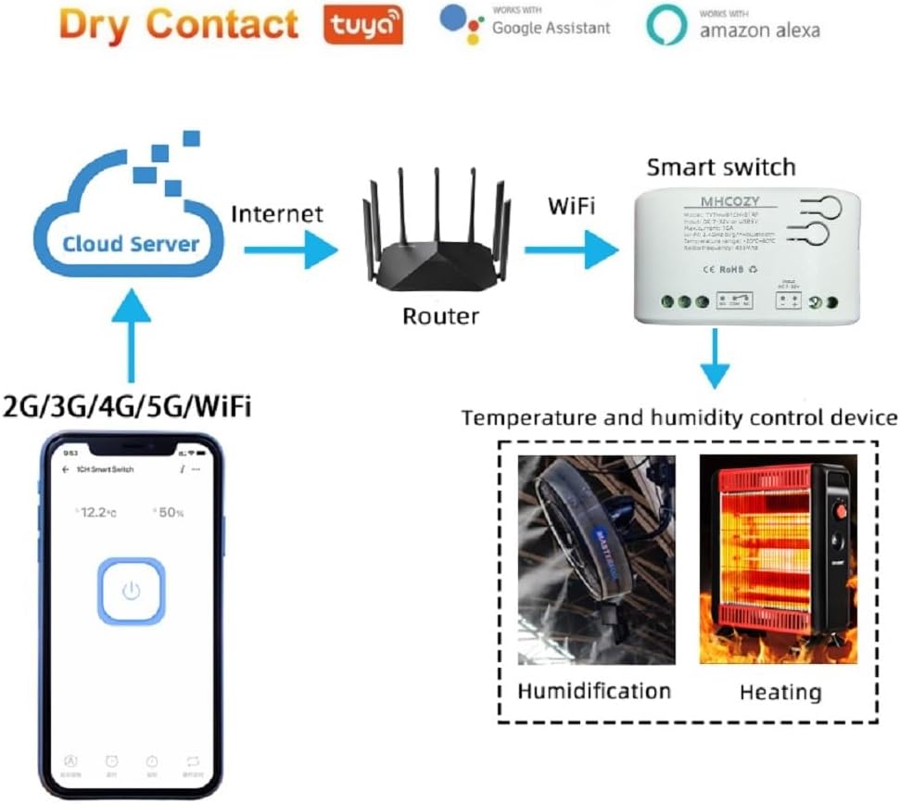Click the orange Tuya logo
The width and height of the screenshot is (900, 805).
tap(363, 25)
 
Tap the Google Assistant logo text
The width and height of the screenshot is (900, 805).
tap(551, 27)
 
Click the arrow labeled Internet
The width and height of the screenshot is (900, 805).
tap(290, 249)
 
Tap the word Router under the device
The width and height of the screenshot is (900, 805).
tap(440, 316)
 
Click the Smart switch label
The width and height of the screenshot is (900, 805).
tap(720, 167)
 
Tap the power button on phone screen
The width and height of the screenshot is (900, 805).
tap(132, 591)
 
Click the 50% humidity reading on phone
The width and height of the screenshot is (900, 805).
tap(169, 513)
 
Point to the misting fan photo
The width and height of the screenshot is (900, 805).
tap(596, 559)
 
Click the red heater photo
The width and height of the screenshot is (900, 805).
tap(778, 559)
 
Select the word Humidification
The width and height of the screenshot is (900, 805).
tap(594, 691)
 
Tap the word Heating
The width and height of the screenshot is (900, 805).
tap(780, 692)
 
